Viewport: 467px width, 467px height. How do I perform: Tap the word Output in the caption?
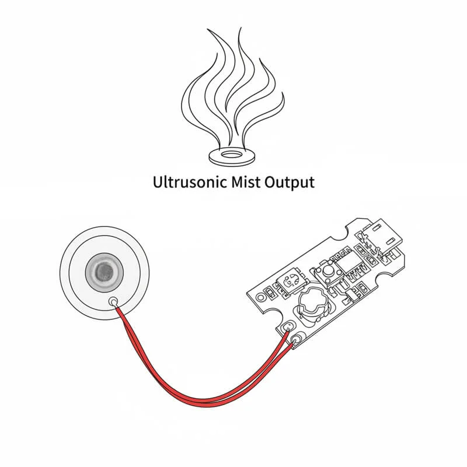point(290,182)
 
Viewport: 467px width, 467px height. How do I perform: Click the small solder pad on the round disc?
point(113,302)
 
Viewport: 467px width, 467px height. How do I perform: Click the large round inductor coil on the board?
point(315,305)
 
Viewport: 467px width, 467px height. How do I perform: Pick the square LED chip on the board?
point(290,281)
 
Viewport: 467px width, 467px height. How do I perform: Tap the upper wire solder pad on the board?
point(287,328)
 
